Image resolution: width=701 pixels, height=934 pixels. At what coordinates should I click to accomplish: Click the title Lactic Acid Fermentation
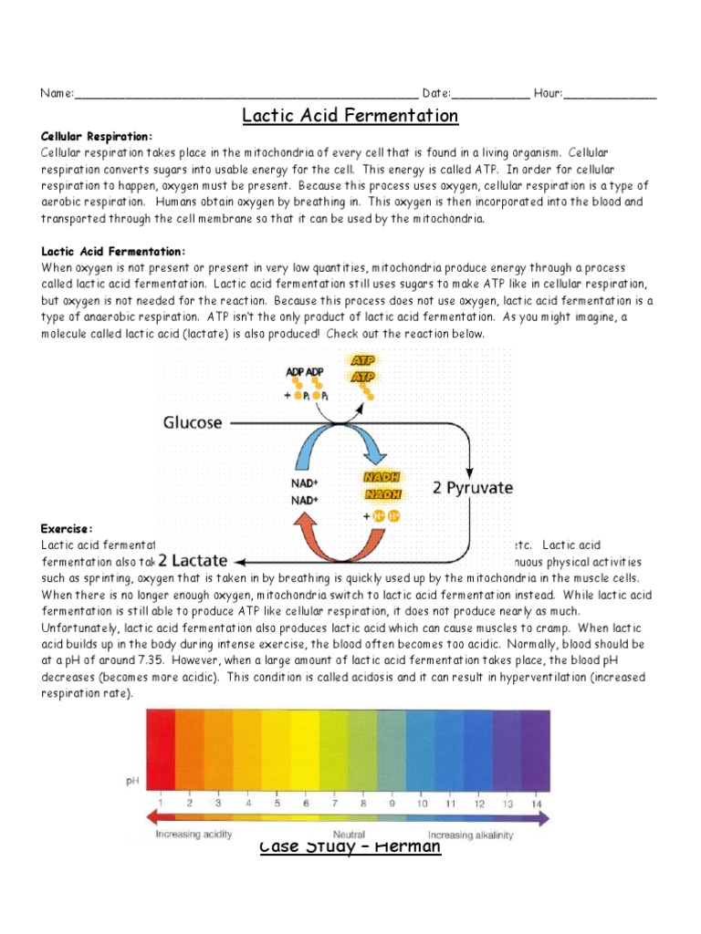point(350,116)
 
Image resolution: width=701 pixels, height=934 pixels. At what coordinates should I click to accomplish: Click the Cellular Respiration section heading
point(97,136)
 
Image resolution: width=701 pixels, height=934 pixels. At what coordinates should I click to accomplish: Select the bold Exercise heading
point(67,529)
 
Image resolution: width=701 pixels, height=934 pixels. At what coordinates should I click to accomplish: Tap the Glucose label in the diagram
point(193,422)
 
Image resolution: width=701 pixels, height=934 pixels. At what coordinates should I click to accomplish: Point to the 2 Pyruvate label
point(472,488)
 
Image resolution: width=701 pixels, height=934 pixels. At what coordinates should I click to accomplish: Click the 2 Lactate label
point(192,560)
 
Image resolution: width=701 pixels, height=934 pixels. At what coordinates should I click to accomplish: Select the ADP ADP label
point(305,372)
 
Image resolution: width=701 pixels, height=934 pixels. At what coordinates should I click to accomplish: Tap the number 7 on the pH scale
point(334,803)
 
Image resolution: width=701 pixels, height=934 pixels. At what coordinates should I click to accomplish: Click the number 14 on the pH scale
point(536,803)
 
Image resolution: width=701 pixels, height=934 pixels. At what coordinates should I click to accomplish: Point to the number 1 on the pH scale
point(161,803)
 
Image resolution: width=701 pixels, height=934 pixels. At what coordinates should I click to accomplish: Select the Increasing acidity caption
point(194,835)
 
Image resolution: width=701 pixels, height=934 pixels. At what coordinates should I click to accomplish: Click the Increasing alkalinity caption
point(471,835)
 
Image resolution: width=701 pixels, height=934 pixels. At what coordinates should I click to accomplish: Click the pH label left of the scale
point(132,782)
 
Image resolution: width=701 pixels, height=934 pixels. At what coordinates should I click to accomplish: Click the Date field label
point(436,93)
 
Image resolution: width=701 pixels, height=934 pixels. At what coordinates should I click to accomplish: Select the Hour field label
point(549,93)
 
